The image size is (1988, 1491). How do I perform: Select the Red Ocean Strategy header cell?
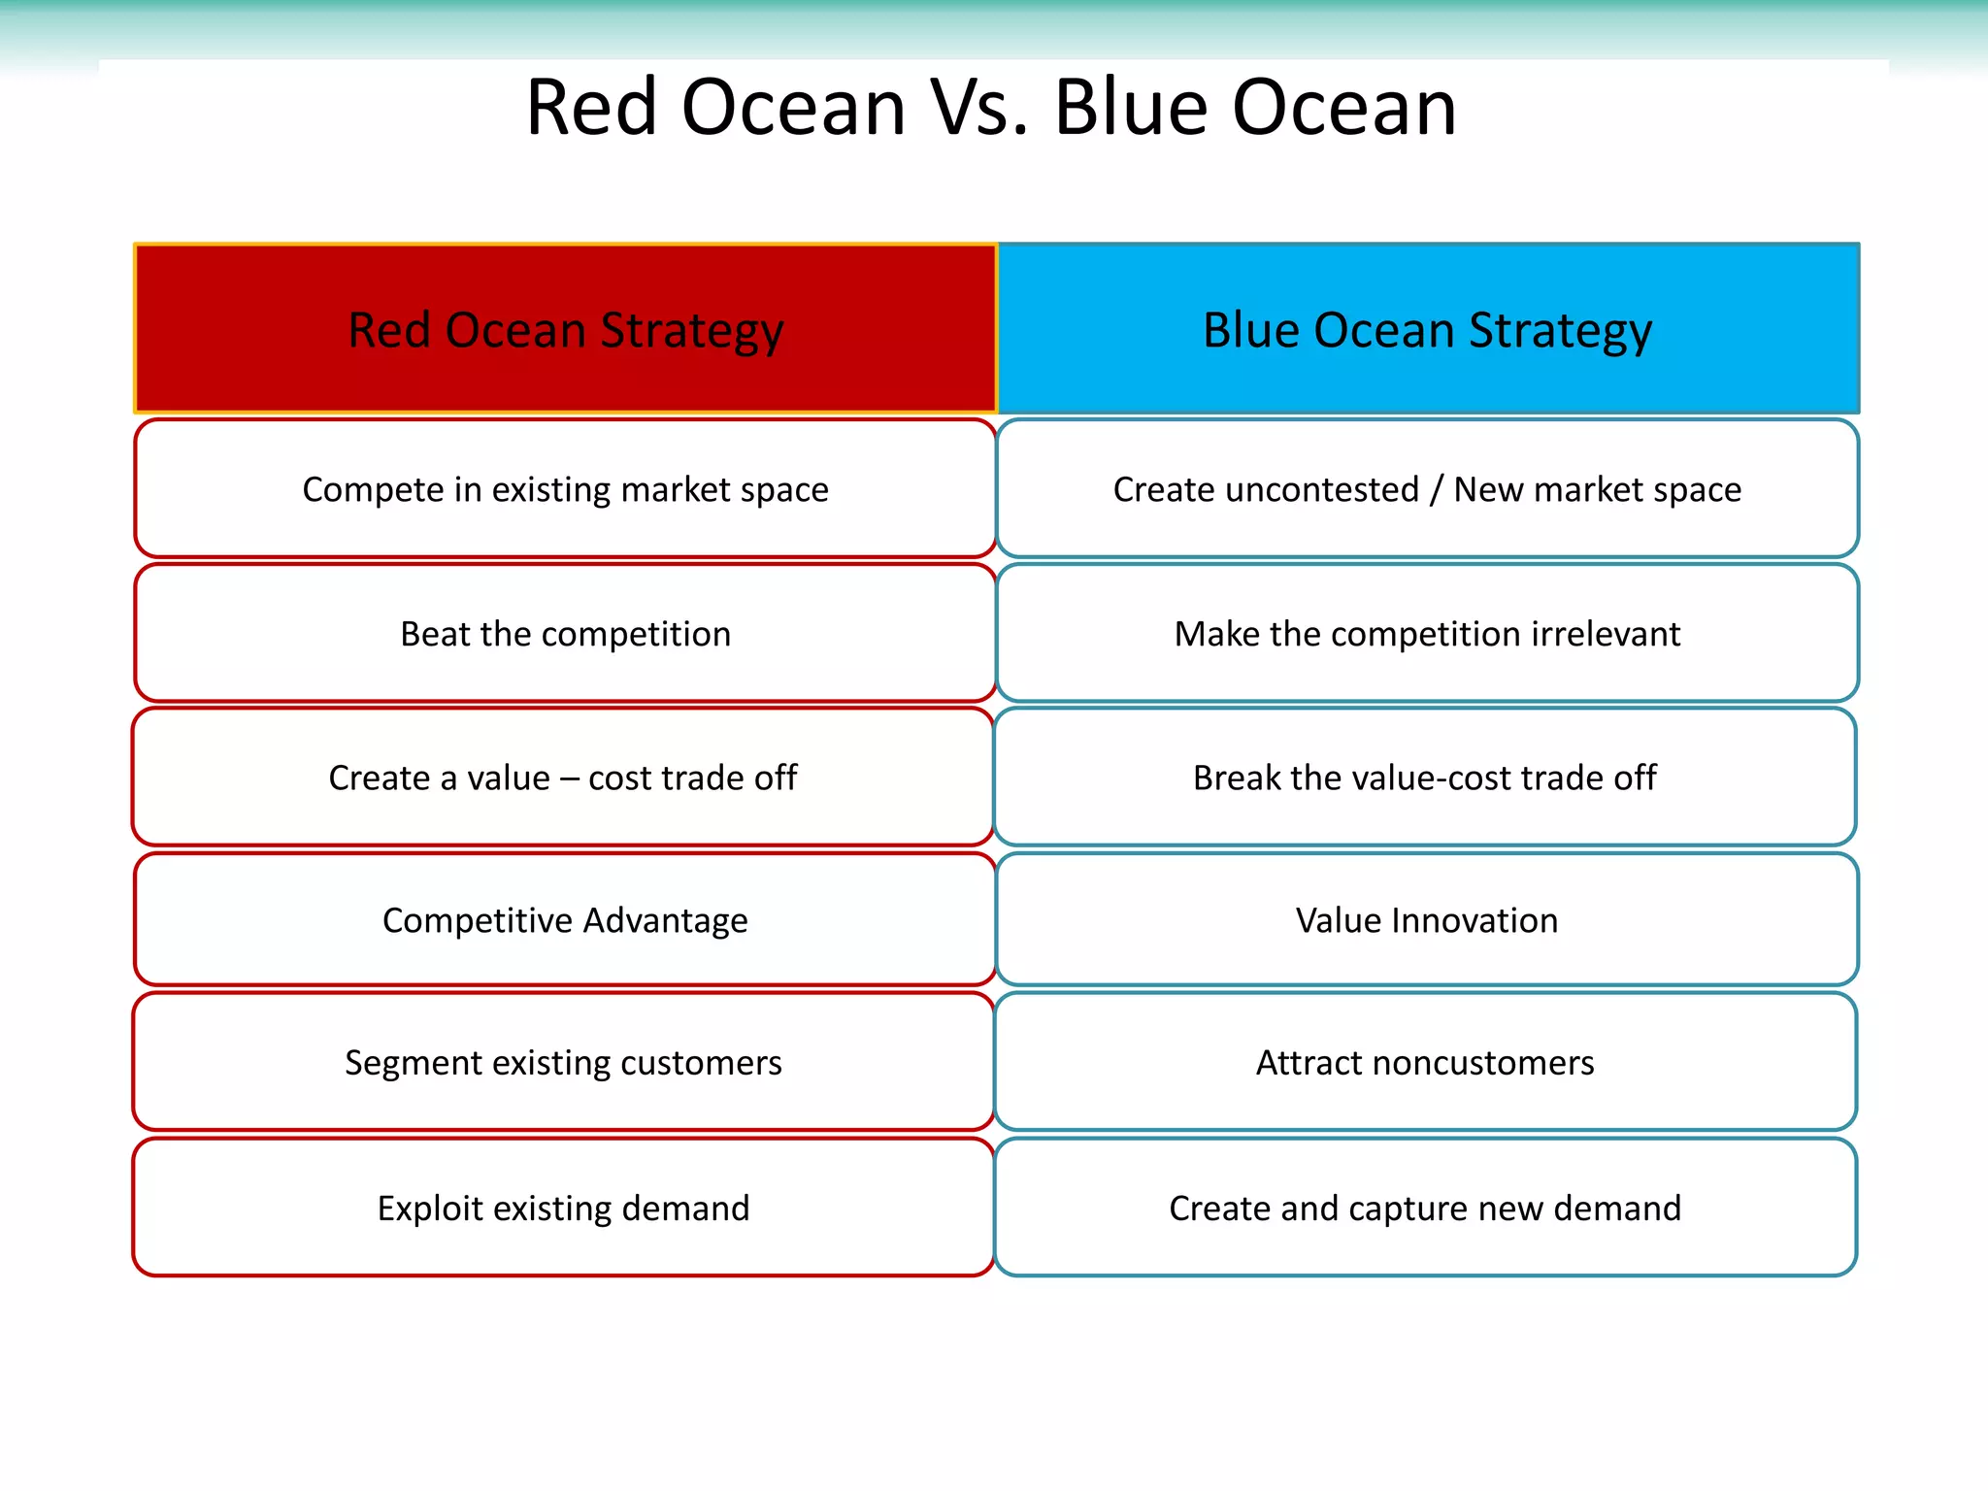click(x=565, y=329)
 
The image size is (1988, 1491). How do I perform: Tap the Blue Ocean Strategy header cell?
click(x=1428, y=329)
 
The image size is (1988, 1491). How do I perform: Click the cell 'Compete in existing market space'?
click(x=565, y=488)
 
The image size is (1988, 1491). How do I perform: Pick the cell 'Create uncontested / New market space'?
click(x=1428, y=488)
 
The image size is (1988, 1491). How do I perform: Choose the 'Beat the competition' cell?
click(x=565, y=633)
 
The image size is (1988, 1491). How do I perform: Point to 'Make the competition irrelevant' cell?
click(x=1428, y=633)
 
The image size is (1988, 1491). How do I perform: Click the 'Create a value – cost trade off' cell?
click(x=563, y=777)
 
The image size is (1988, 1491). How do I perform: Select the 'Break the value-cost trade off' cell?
click(x=1425, y=777)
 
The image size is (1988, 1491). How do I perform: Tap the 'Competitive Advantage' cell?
click(x=565, y=919)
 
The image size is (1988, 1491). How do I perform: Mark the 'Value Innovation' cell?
click(x=1428, y=919)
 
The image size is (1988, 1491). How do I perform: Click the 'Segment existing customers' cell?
click(x=563, y=1062)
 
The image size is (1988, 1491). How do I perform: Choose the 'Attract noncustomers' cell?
click(x=1425, y=1062)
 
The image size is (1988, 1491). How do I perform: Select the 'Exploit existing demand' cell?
click(x=563, y=1208)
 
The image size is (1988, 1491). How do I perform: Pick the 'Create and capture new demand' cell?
click(x=1425, y=1208)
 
